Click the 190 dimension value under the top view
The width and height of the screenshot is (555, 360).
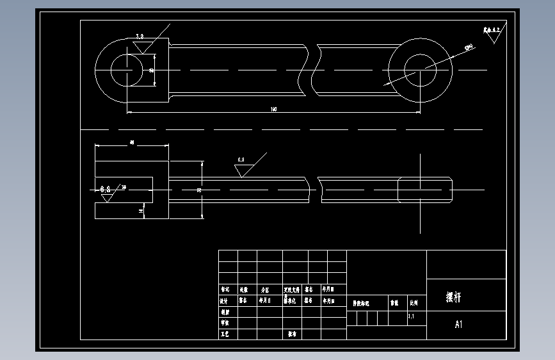(274, 110)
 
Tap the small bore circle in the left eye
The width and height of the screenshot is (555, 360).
(127, 69)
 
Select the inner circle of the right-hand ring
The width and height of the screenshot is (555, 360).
(420, 69)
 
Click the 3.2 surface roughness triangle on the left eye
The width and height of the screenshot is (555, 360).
(141, 44)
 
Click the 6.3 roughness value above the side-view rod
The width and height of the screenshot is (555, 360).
(241, 159)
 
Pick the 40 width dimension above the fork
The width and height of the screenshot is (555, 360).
(132, 142)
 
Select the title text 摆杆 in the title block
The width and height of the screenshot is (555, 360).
(453, 297)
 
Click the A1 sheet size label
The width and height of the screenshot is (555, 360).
(458, 325)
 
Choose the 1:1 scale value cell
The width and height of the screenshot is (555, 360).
(411, 316)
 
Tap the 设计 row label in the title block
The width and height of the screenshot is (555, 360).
(224, 299)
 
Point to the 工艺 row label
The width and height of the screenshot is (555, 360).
(224, 334)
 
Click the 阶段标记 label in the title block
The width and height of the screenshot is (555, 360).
(362, 303)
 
